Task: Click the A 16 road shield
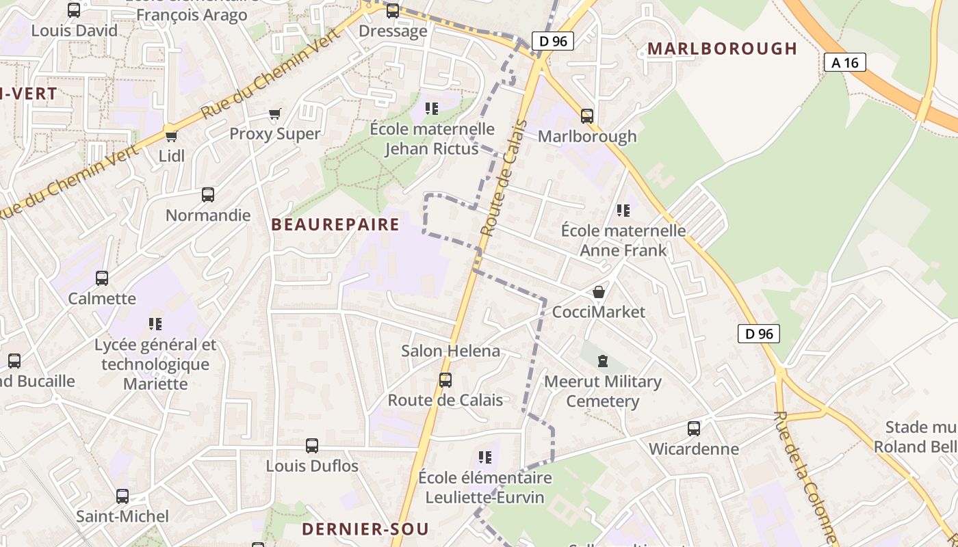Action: (845, 63)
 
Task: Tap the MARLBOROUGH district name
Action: (722, 49)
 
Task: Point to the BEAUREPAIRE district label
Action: (335, 225)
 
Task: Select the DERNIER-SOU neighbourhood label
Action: (365, 529)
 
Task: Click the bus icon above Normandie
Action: (208, 195)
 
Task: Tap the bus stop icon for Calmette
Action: (102, 278)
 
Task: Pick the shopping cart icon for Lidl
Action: (172, 136)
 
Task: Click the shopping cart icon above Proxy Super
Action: (275, 114)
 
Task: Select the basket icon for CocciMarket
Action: (599, 292)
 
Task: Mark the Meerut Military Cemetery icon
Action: (603, 360)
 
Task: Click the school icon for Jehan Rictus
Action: (432, 108)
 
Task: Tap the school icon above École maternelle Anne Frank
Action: (623, 210)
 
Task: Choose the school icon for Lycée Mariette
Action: (155, 323)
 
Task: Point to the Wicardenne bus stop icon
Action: (694, 429)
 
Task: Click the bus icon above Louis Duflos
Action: (312, 446)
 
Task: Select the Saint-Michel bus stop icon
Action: (122, 496)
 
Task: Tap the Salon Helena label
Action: (451, 351)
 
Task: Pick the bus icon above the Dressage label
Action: (393, 11)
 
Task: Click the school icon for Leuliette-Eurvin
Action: (485, 457)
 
